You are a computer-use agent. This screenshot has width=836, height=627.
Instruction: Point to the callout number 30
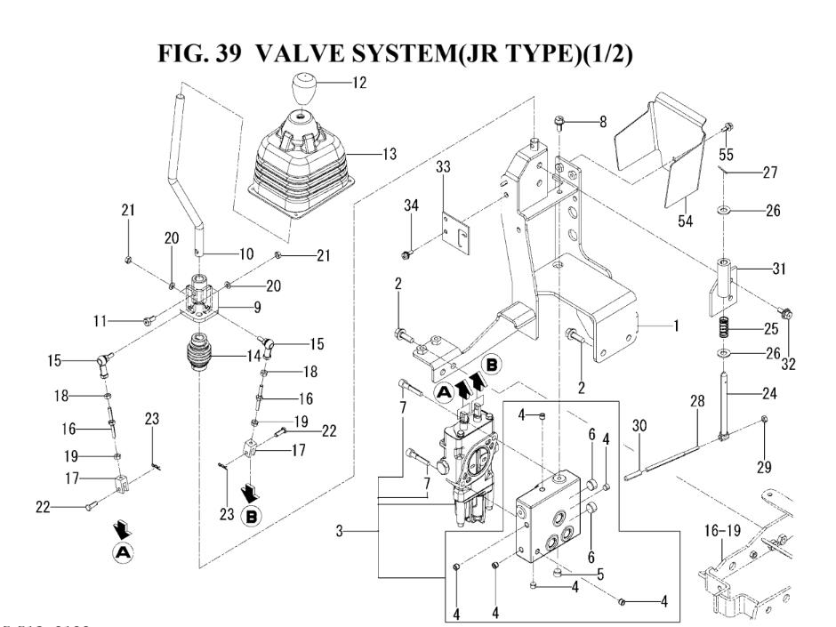pos(638,425)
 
